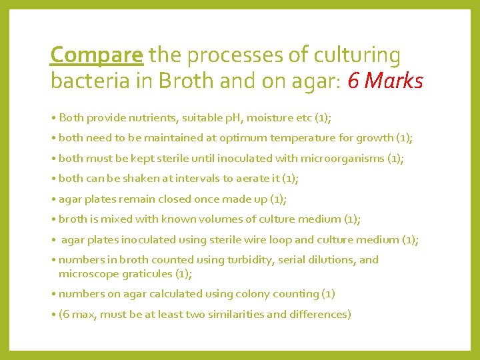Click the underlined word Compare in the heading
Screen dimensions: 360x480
(x=97, y=55)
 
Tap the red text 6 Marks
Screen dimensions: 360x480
(x=385, y=81)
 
